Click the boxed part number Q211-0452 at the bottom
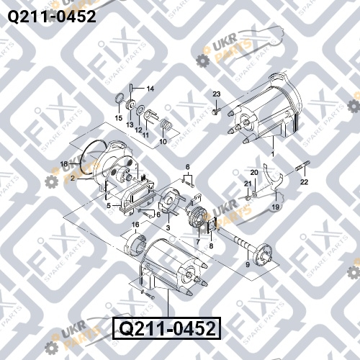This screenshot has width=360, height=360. [x=167, y=328]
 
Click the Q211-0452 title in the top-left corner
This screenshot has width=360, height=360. [x=52, y=17]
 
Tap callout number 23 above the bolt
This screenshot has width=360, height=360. [x=217, y=94]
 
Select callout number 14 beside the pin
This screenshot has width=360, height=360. [x=150, y=89]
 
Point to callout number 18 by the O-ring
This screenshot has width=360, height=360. [x=64, y=164]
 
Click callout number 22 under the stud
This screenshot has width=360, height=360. [x=304, y=182]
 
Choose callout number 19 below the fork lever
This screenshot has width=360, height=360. [x=276, y=207]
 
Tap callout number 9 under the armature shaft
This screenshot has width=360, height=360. [x=248, y=264]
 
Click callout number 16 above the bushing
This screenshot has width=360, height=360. [x=135, y=225]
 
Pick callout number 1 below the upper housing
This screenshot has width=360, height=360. [x=273, y=154]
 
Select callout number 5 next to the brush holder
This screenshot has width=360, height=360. [x=109, y=206]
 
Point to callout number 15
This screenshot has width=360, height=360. [x=119, y=118]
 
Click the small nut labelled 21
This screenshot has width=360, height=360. [x=247, y=198]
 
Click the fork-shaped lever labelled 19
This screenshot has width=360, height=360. [x=273, y=178]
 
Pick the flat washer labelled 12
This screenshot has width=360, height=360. [x=140, y=111]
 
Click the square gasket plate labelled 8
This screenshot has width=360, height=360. [x=212, y=225]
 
